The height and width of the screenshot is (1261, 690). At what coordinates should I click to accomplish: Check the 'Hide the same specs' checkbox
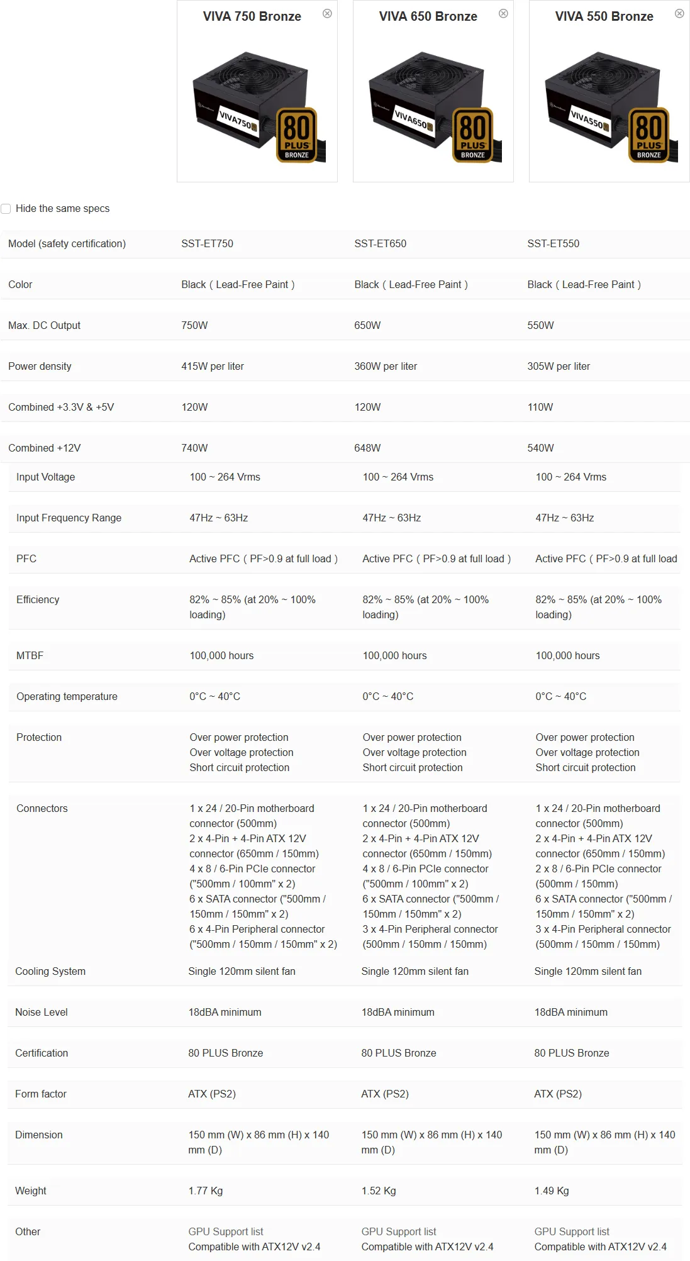[6, 209]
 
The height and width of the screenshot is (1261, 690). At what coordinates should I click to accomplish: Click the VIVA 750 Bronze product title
[252, 16]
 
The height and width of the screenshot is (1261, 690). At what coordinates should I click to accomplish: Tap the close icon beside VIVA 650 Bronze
[503, 13]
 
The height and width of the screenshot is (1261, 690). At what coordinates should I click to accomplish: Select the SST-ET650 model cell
[380, 243]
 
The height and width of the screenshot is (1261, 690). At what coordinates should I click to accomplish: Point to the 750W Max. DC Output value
[194, 325]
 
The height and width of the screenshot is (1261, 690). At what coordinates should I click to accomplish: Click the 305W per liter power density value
[559, 366]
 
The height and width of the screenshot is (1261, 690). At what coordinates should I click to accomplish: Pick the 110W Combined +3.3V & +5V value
[540, 407]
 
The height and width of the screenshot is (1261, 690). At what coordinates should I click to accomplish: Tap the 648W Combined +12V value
[367, 448]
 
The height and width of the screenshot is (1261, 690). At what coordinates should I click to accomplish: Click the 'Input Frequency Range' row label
[69, 518]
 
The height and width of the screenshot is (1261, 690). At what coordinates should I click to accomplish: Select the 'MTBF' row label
[30, 655]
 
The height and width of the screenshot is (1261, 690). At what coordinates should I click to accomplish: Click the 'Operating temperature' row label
[67, 696]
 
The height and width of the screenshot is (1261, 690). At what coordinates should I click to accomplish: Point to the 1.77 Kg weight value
[206, 1191]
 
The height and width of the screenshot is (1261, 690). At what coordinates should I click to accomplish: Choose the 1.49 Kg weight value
[552, 1191]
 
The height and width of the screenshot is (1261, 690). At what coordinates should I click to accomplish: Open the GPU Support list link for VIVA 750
[226, 1231]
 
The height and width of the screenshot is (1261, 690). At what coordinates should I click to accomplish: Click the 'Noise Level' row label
[42, 1012]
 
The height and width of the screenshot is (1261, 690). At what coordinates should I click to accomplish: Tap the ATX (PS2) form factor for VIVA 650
[385, 1094]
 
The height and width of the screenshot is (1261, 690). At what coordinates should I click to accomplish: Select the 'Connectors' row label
[42, 808]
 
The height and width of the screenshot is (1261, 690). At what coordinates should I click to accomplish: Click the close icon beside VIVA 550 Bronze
[679, 13]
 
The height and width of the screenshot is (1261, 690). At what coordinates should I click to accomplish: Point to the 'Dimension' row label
[39, 1135]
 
